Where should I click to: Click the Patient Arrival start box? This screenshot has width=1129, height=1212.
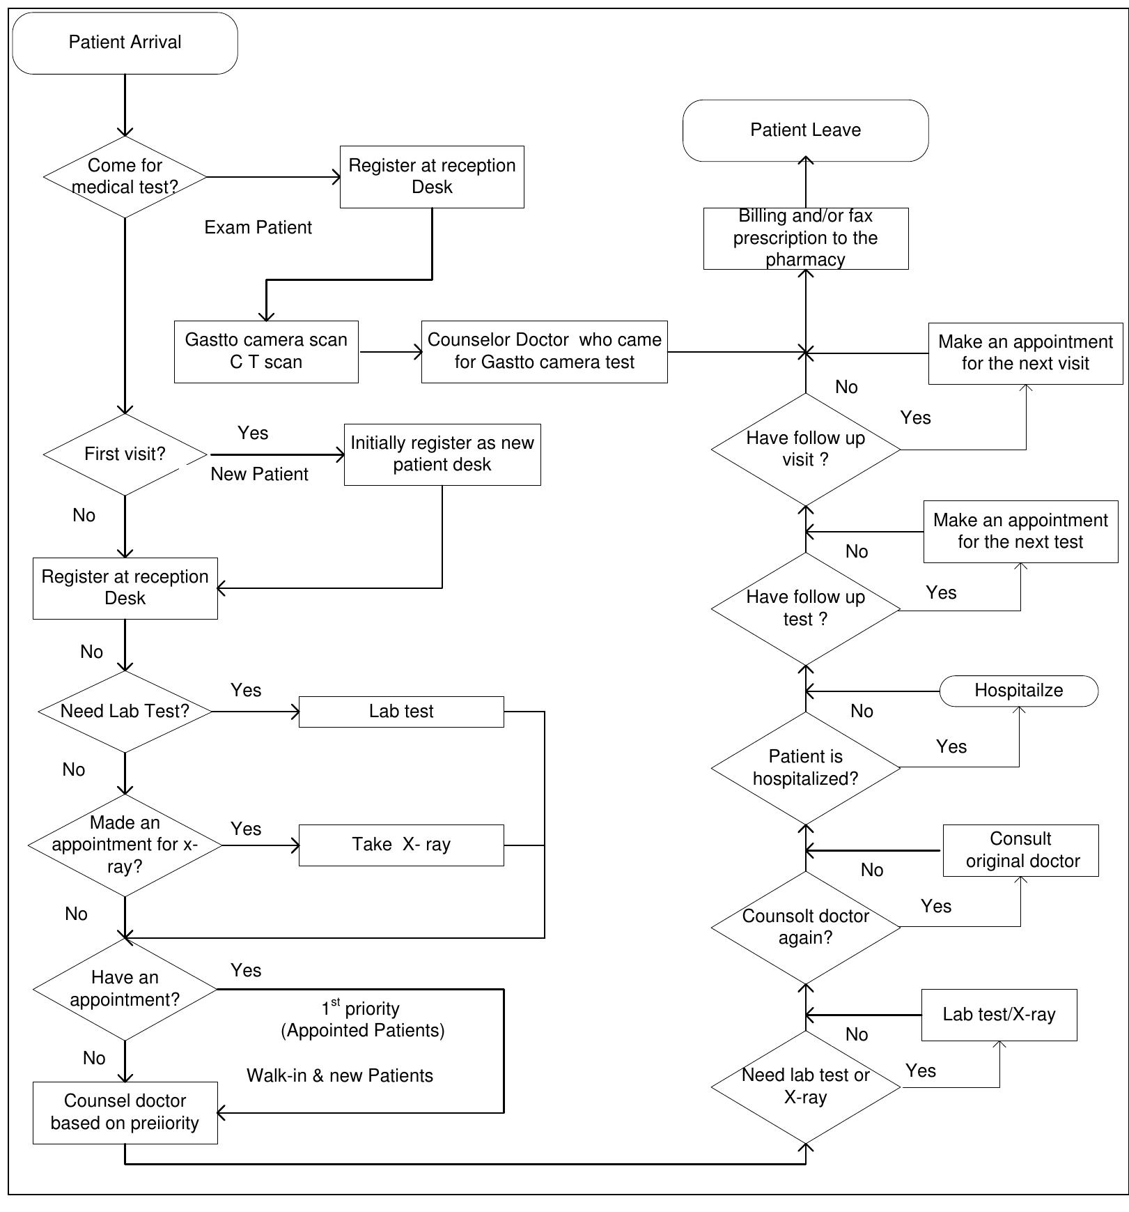click(x=125, y=43)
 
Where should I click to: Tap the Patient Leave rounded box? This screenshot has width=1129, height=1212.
click(x=805, y=130)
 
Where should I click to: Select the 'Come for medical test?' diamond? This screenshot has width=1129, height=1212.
click(x=125, y=176)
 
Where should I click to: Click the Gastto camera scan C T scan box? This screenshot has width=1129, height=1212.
click(x=266, y=351)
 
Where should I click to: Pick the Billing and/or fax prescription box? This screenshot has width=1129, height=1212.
click(x=805, y=238)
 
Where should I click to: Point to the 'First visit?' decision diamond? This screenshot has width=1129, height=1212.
click(x=125, y=454)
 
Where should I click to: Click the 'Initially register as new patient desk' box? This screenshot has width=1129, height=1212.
click(x=442, y=454)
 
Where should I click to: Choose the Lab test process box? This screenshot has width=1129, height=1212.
click(x=400, y=711)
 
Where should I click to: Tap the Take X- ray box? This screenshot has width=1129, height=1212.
click(x=400, y=845)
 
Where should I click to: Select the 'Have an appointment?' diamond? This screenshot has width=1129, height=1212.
click(x=125, y=988)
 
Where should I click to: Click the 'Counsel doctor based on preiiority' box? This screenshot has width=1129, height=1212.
click(x=125, y=1112)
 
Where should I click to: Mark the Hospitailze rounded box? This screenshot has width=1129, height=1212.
click(x=1018, y=691)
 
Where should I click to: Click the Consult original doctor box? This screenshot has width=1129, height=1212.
click(x=1020, y=850)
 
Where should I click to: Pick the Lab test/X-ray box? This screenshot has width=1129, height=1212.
click(x=999, y=1014)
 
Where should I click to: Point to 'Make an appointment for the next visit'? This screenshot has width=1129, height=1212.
click(x=1025, y=353)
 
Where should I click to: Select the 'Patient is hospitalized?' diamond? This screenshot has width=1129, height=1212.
click(x=805, y=767)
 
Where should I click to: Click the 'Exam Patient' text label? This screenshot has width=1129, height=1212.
click(x=258, y=228)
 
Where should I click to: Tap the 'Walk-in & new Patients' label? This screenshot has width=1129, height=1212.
click(x=339, y=1075)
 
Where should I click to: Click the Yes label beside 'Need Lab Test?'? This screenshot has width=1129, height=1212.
click(x=246, y=690)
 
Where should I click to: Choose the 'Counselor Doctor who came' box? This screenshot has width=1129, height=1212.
click(x=544, y=351)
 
